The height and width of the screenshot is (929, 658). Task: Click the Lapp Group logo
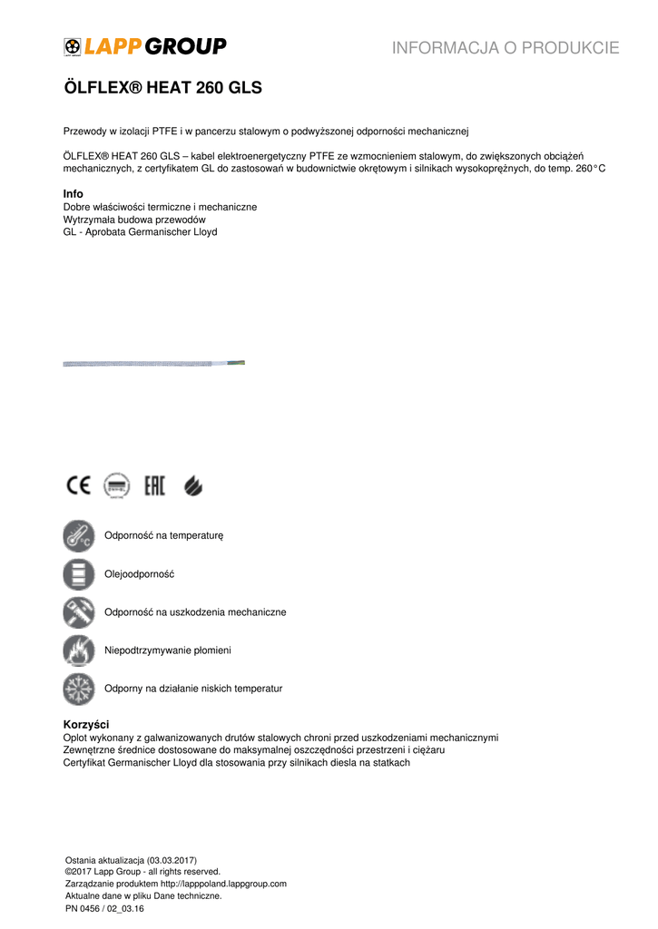pos(145,46)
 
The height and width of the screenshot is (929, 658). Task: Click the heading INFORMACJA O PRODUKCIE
pos(506,48)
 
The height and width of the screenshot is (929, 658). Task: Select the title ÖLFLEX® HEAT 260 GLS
pos(162,88)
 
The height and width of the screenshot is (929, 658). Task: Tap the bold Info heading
pos(73,194)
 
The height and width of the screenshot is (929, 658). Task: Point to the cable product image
pos(153,363)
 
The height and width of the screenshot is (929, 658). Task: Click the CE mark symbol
pos(78,486)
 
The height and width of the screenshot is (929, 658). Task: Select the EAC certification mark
pos(155,486)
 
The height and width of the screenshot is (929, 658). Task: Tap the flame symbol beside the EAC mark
pos(193,486)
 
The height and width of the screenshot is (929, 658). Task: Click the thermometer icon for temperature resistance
pos(79,536)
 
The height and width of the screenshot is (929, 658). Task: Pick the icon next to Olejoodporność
pos(79,574)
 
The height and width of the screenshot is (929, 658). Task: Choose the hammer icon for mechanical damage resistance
pos(79,612)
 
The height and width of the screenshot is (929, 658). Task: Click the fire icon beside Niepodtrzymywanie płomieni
pos(79,650)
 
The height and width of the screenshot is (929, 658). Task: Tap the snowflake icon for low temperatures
pos(79,689)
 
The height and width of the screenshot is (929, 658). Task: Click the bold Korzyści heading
pos(86,725)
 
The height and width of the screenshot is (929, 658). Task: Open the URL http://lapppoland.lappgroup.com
pos(223,884)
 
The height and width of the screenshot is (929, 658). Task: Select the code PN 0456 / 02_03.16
pos(105,908)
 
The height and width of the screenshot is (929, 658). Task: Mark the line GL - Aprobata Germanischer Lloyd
pos(140,232)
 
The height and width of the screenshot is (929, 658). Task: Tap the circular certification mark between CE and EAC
pos(115,486)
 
